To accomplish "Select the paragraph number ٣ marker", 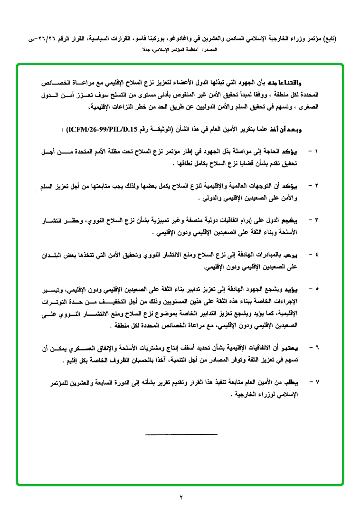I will click(x=317, y=220).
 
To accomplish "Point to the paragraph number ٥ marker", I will click(x=317, y=289).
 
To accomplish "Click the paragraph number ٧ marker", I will click(x=317, y=381).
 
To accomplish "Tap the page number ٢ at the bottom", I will click(x=181, y=497).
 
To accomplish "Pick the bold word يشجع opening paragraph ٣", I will click(x=301, y=220).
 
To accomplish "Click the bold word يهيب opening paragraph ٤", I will click(x=302, y=255).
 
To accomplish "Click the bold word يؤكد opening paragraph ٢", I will click(x=302, y=185).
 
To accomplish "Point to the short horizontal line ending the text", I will click(x=181, y=434).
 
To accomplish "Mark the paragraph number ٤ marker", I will click(x=317, y=255).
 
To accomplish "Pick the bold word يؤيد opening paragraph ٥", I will click(x=302, y=289).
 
